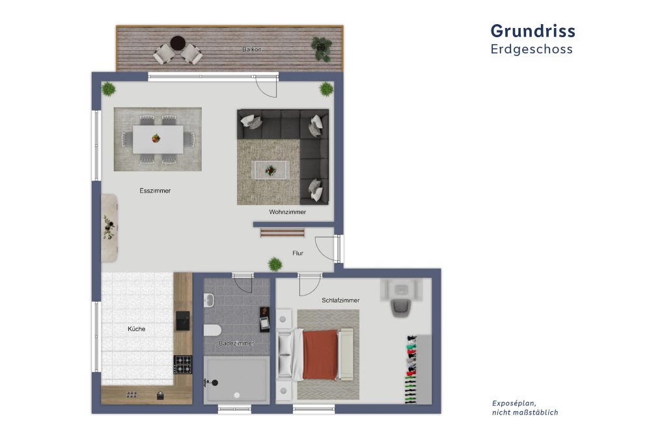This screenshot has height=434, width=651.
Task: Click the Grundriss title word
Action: pyautogui.click(x=533, y=31)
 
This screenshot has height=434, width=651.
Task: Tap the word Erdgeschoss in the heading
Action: pyautogui.click(x=532, y=49)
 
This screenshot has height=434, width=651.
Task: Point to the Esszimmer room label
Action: pyautogui.click(x=155, y=191)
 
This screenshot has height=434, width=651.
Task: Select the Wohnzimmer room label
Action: pyautogui.click(x=288, y=212)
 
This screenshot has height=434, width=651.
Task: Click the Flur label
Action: pyautogui.click(x=299, y=253)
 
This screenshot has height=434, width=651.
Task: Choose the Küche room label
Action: pyautogui.click(x=137, y=329)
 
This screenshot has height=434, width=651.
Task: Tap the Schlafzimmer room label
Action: pyautogui.click(x=340, y=300)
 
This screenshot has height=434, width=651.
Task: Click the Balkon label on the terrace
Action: pyautogui.click(x=252, y=49)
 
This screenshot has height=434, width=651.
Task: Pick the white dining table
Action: pyautogui.click(x=158, y=139)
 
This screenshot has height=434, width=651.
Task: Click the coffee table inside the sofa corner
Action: pyautogui.click(x=270, y=170)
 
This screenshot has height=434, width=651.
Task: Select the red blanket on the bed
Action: pyautogui.click(x=320, y=355)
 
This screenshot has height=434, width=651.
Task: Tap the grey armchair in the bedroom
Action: pyautogui.click(x=402, y=306)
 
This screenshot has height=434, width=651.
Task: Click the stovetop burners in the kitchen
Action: pyautogui.click(x=183, y=364)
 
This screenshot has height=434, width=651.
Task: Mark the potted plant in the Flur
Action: pyautogui.click(x=275, y=264)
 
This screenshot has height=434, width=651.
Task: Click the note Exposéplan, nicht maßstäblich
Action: pyautogui.click(x=525, y=408)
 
